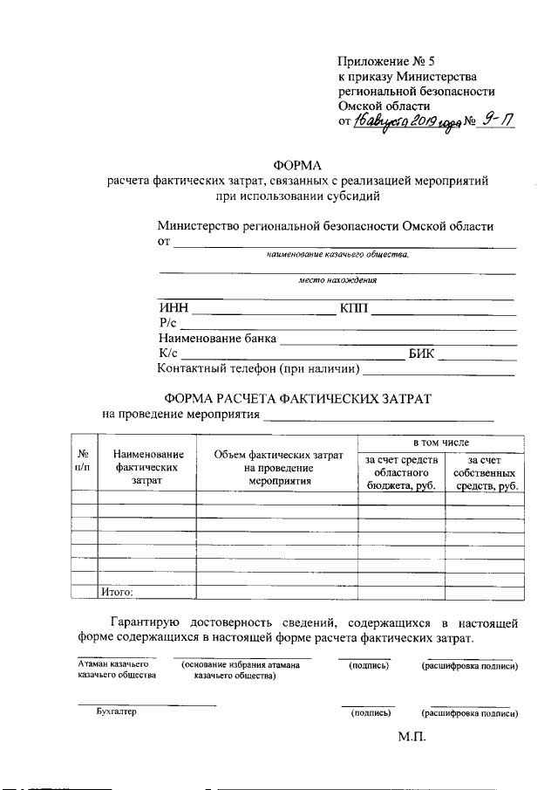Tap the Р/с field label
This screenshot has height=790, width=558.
tap(167, 323)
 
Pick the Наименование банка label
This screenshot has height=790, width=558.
tap(217, 338)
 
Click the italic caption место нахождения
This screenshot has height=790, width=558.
tap(337, 281)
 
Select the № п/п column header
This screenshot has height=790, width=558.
tap(84, 460)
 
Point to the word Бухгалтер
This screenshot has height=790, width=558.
tap(117, 712)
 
